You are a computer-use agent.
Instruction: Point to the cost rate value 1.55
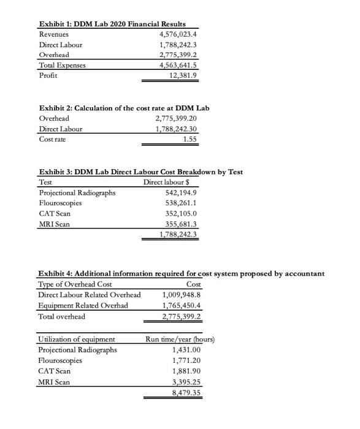(191, 139)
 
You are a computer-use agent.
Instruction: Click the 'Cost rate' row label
(54, 139)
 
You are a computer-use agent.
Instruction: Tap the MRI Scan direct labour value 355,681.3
(179, 224)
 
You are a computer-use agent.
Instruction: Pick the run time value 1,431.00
(182, 350)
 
